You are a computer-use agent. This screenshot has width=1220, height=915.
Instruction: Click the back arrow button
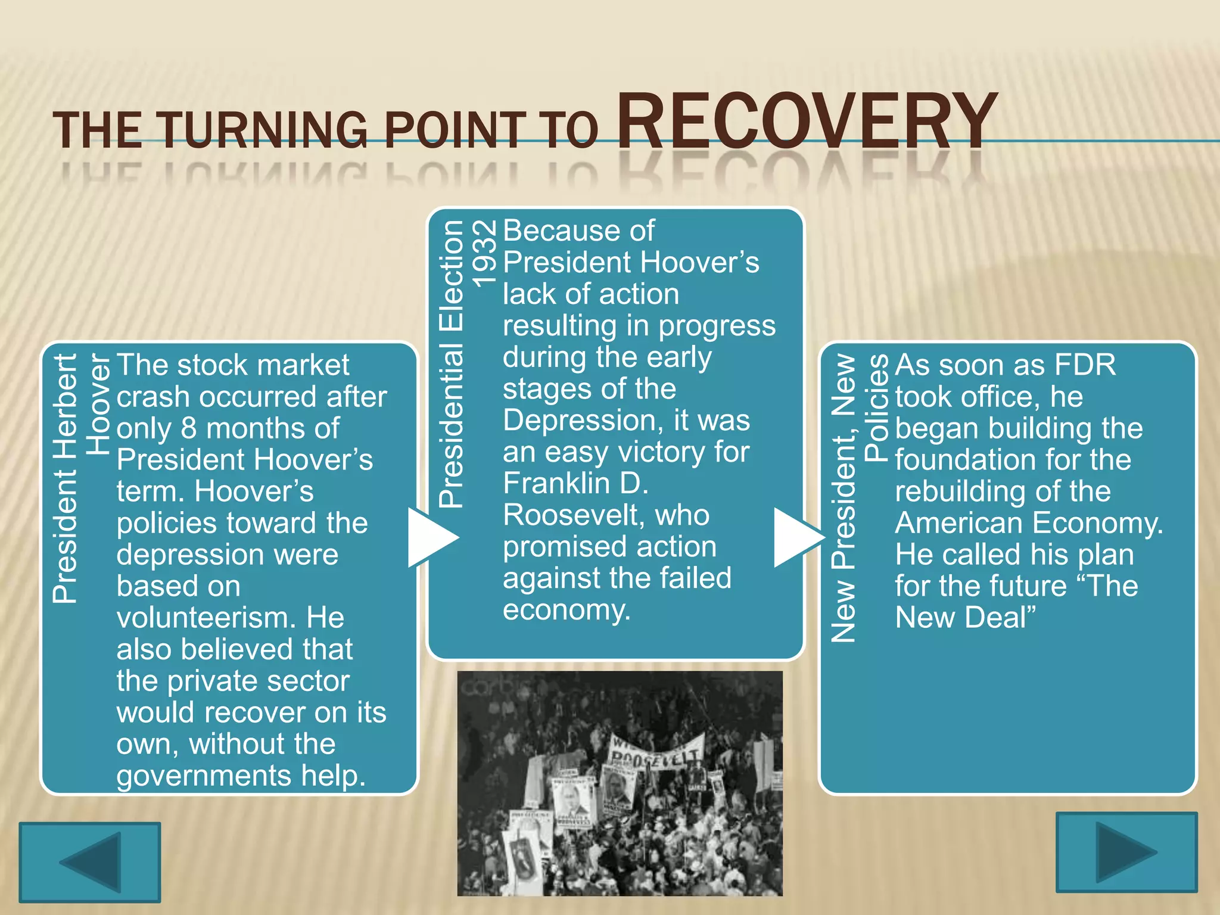pos(89,862)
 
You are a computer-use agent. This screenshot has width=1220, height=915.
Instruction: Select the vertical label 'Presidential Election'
pos(451,363)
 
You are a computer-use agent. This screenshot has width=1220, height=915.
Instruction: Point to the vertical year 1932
pos(483,253)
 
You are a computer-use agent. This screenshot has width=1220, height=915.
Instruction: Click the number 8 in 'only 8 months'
pos(188,428)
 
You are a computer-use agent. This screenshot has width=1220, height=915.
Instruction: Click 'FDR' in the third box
pos(1085,365)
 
